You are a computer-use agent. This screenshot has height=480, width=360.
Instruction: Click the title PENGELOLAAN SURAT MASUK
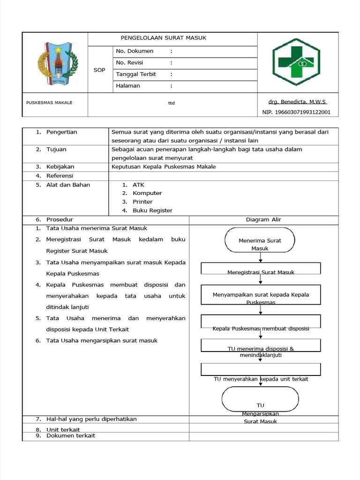pos(164,38)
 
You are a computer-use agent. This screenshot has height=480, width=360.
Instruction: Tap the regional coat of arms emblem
pos(55,62)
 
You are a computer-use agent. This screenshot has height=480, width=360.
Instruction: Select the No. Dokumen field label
pos(135,51)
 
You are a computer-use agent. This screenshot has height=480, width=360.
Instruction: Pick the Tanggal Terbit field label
pos(136,74)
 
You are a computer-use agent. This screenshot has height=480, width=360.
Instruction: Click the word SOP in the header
pos(99,70)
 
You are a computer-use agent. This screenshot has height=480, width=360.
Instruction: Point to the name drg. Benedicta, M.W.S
pos(297,102)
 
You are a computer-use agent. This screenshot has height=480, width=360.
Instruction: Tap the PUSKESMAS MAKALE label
pos(49,103)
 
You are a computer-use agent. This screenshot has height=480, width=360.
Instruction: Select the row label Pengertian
pos(61,132)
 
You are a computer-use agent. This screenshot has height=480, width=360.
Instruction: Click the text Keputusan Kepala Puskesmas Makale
pos(164,167)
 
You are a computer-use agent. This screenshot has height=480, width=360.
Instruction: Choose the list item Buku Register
pos(152,210)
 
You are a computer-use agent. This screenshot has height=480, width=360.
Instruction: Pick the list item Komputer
pos(147,193)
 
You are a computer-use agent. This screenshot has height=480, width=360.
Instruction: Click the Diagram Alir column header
pos(263,219)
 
